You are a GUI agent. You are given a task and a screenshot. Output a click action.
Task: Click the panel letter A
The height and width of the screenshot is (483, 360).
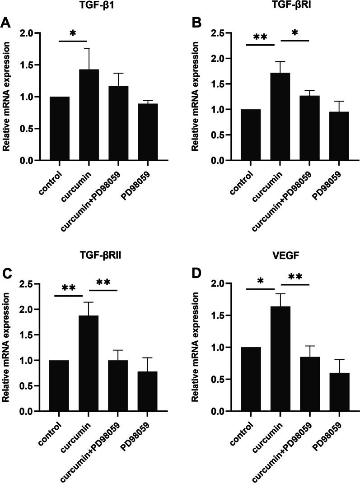point(6,23)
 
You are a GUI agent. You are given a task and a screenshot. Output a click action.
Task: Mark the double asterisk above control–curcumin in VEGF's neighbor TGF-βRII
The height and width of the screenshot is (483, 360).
point(69,288)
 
